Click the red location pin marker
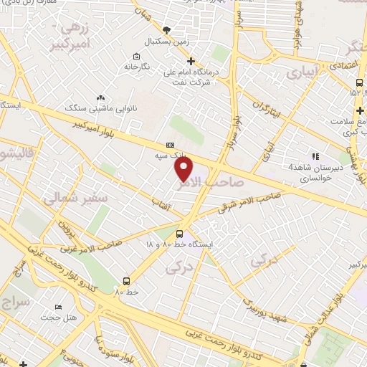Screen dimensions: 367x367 click(185, 168)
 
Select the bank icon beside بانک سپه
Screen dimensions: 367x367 click(169, 143)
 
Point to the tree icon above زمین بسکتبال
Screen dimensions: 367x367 click(168, 29)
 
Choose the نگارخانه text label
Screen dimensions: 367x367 click(136, 67)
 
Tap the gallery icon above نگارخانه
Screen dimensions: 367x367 click(136, 56)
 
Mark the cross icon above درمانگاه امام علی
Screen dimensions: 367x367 click(191, 61)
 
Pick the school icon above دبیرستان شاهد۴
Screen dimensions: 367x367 click(314, 156)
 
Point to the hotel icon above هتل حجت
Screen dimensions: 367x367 click(58, 307)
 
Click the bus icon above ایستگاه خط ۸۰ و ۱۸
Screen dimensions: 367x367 click(179, 233)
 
